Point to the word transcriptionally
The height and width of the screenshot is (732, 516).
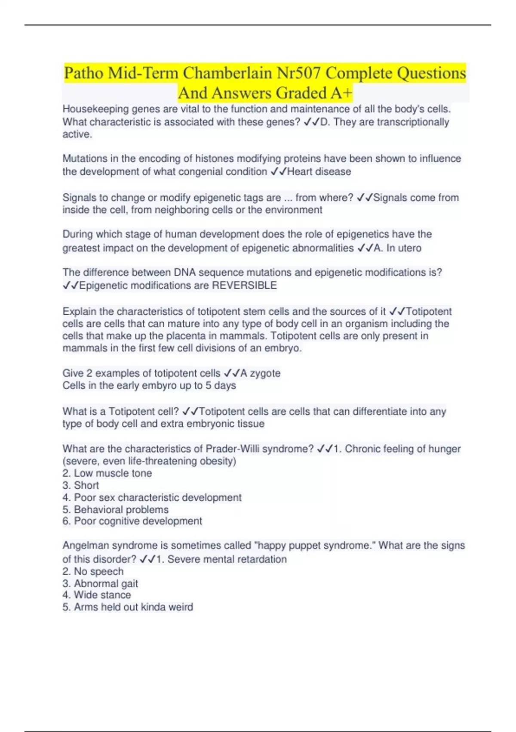click(413, 122)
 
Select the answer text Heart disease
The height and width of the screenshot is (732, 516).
click(319, 171)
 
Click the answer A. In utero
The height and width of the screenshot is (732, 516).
click(397, 248)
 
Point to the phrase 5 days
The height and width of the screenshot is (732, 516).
click(221, 385)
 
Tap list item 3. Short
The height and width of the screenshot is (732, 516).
click(81, 485)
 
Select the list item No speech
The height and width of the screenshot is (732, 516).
click(98, 571)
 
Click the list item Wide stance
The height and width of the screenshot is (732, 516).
click(102, 595)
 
